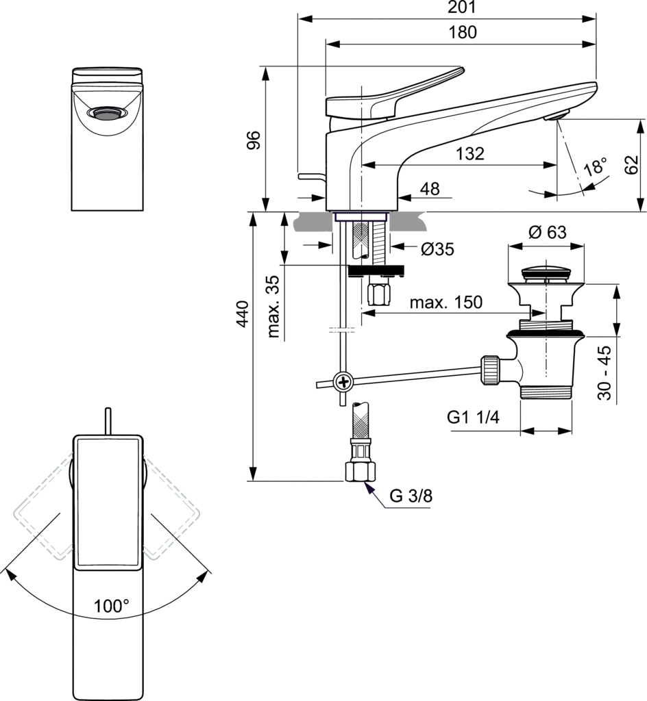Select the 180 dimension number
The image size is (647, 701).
463,32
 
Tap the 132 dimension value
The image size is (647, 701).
469,154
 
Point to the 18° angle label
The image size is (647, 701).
595,166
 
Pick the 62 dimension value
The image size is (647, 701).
632,165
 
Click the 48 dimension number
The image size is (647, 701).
430,190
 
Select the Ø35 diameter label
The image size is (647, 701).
437,250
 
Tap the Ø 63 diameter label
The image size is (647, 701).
547,232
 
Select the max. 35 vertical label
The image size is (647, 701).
275,308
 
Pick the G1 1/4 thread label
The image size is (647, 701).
472,417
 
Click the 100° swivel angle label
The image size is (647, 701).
112,606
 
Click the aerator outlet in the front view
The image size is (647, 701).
108,113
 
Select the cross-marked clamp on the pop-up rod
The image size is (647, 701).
342,381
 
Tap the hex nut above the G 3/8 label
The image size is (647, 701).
361,472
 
